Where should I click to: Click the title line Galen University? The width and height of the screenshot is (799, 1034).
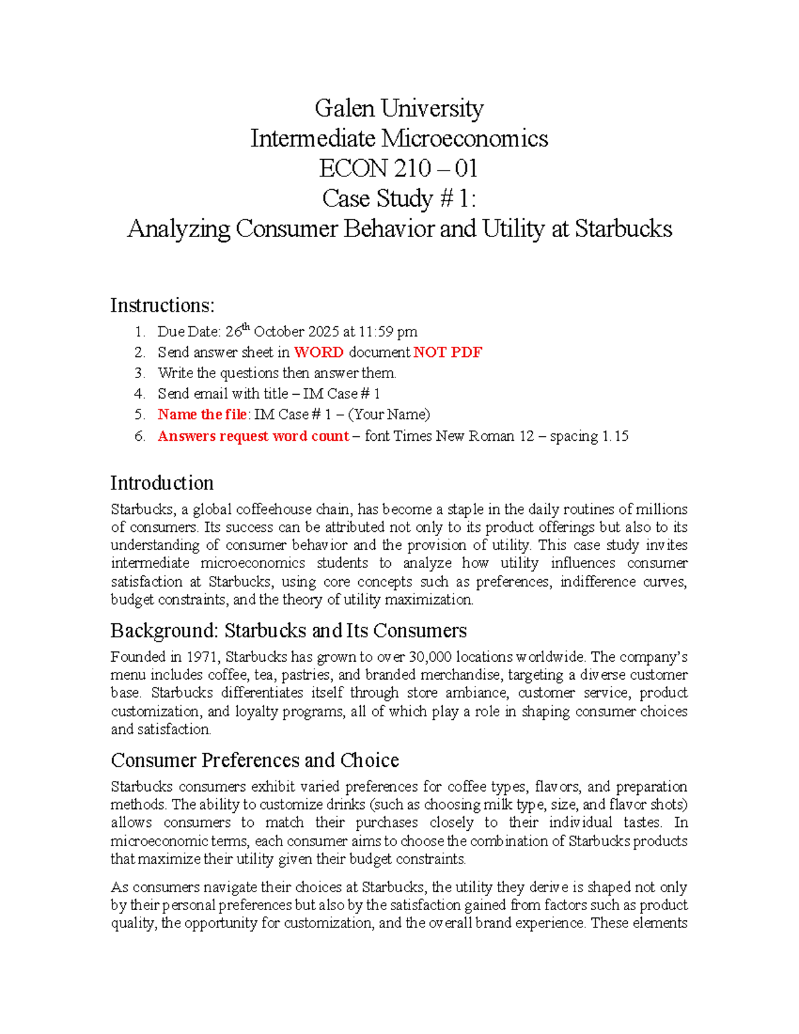(399, 108)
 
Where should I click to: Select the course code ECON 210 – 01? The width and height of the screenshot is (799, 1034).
(398, 168)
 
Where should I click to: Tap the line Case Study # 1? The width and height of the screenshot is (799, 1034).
(399, 198)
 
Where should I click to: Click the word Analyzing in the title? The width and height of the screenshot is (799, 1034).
(178, 229)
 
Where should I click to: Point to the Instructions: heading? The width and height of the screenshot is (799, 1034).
(162, 305)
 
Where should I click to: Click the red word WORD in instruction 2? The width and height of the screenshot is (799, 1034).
(319, 352)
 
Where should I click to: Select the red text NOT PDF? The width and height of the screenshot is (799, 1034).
(447, 352)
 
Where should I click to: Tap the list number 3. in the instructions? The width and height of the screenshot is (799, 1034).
(139, 373)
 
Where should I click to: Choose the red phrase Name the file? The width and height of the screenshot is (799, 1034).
(202, 415)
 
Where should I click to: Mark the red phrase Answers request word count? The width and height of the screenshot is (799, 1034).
(253, 436)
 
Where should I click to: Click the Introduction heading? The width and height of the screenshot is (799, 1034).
(162, 483)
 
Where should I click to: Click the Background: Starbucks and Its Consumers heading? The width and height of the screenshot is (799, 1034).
(288, 631)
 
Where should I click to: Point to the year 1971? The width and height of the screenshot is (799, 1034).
(202, 657)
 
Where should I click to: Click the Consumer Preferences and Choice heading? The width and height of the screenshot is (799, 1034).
(254, 760)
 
